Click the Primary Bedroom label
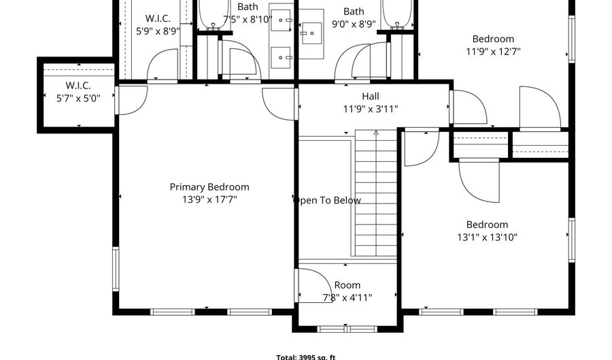click(x=209, y=187)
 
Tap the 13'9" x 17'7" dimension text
click(x=209, y=199)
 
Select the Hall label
click(x=371, y=96)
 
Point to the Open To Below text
click(x=327, y=200)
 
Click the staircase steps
click(x=376, y=193)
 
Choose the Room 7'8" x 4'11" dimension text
click(x=347, y=297)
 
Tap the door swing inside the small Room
click(x=316, y=285)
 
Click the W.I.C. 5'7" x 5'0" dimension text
click(x=78, y=98)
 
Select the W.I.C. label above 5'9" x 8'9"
click(x=158, y=18)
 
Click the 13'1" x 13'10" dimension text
click(x=487, y=237)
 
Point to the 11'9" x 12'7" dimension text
click(x=494, y=51)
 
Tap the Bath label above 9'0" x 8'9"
click(x=354, y=12)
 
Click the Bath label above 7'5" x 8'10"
click(x=248, y=7)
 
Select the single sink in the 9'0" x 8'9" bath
click(x=311, y=33)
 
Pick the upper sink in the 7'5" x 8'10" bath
click(x=281, y=20)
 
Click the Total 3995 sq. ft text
click(x=306, y=357)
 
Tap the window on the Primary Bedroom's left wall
click(x=116, y=269)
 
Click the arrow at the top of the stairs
click(x=376, y=133)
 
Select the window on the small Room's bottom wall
click(x=347, y=329)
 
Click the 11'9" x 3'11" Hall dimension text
click(x=371, y=109)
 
